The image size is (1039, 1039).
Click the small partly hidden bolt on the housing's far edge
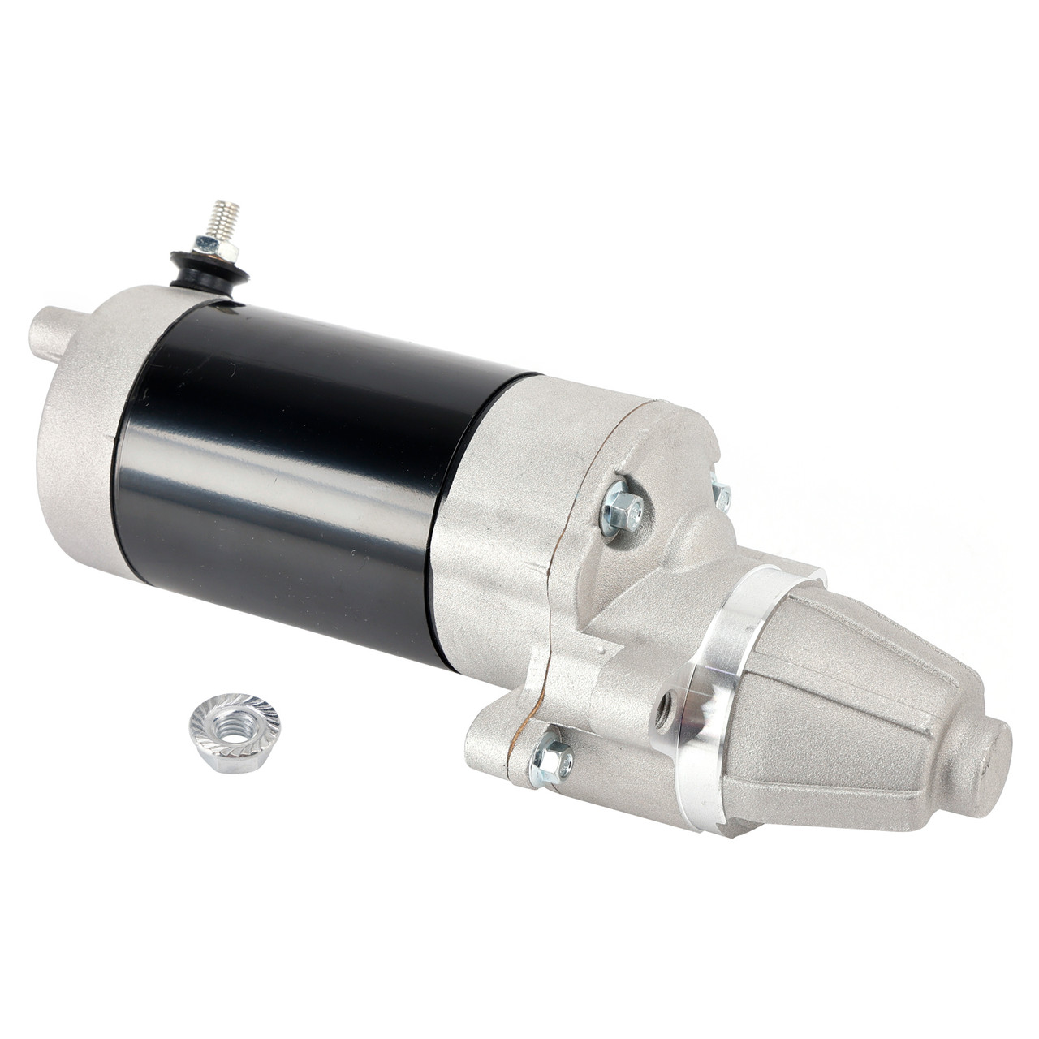[719, 494]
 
